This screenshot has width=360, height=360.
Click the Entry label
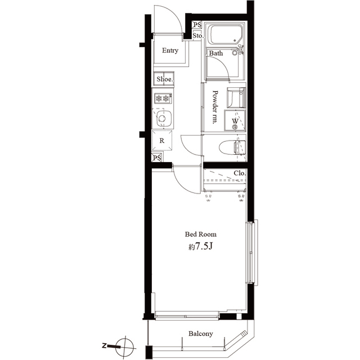pos(170,51)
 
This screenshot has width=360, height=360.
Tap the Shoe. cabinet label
pos(164,79)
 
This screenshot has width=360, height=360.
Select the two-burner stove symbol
pos(163,98)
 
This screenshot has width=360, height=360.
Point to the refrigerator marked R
pos(163,141)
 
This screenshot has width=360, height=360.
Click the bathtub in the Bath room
pos(223,36)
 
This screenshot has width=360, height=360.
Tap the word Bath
pos(216,54)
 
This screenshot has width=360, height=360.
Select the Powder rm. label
pos(215,107)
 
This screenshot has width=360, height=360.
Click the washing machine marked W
pos(235,121)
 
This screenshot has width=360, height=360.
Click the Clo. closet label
pos(240,173)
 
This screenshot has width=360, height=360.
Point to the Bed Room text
pos(201,235)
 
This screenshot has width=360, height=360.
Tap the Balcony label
pos(200,334)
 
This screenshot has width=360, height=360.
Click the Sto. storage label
pos(197,36)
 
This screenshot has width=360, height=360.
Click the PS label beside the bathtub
pos(197,25)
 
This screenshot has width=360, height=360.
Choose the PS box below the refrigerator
pos(157,158)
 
